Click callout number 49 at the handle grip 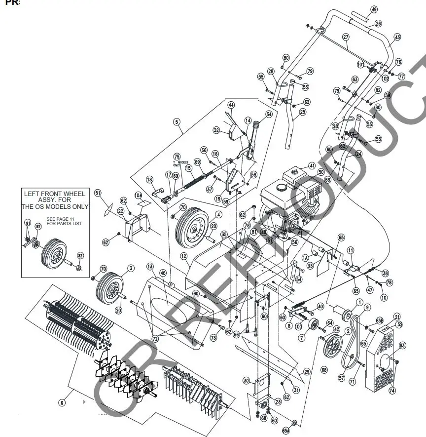pos(373,9)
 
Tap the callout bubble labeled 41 pos(312,165)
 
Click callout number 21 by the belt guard pos(397,317)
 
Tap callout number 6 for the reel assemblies pos(62,403)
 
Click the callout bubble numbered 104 pos(139,196)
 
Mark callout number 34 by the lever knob pos(269,114)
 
